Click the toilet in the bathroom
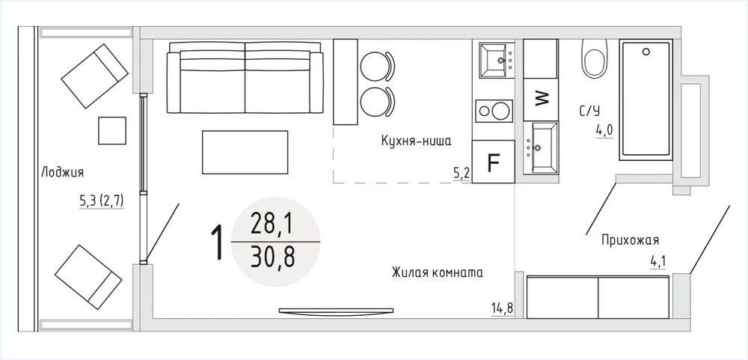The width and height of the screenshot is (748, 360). tap(595, 58)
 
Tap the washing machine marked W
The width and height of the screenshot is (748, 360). tap(541, 99)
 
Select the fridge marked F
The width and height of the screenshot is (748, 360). tap(493, 162)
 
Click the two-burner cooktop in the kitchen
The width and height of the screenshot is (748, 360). tap(494, 112)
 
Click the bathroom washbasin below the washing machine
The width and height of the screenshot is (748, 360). tap(541, 147)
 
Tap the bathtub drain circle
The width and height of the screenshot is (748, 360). tap(646, 51)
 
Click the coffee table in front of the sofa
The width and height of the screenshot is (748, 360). tap(245, 153)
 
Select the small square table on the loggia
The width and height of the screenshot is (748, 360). tap(112, 130)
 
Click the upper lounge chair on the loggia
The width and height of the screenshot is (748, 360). tap(95, 76)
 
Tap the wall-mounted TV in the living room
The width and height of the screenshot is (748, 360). tap(337, 311)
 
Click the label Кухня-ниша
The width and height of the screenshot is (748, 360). tap(416, 141)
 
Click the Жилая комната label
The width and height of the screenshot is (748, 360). tap(438, 273)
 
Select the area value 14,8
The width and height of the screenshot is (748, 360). tap(502, 308)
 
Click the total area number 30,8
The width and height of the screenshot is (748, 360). tap(273, 257)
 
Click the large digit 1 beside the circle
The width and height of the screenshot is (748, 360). tap(217, 242)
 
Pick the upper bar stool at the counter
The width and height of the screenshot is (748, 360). tap(377, 66)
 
